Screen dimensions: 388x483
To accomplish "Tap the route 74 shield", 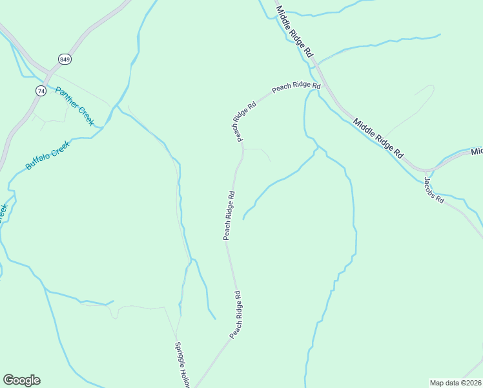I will [41, 91].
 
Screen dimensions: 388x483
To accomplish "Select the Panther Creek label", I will [75, 105].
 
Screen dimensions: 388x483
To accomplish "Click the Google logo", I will [21, 380].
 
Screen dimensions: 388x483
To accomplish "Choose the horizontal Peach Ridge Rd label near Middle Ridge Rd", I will [296, 86].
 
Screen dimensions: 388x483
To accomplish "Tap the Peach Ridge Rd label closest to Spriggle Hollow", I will [236, 315].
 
